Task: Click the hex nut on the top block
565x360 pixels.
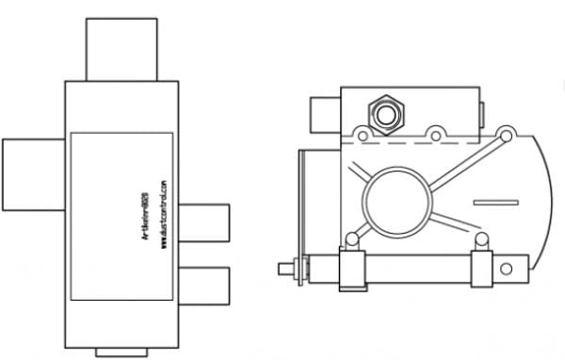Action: pos(385,113)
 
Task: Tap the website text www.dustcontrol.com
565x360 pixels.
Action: pos(163,215)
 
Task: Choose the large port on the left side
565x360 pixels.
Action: pos(33,174)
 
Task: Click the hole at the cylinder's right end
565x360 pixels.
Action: pos(507,269)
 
